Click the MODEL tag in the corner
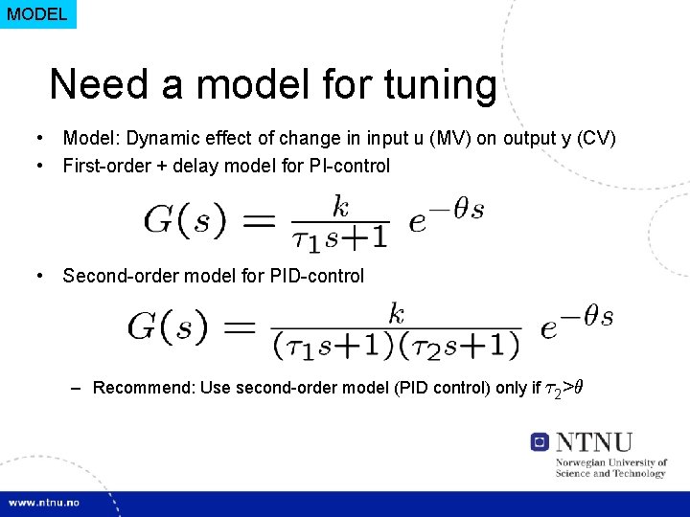click(x=37, y=14)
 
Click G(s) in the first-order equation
click(x=185, y=221)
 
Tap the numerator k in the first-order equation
click(x=340, y=205)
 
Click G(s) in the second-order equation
click(x=168, y=327)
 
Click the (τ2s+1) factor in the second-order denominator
click(x=459, y=345)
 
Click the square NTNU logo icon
click(x=540, y=441)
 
